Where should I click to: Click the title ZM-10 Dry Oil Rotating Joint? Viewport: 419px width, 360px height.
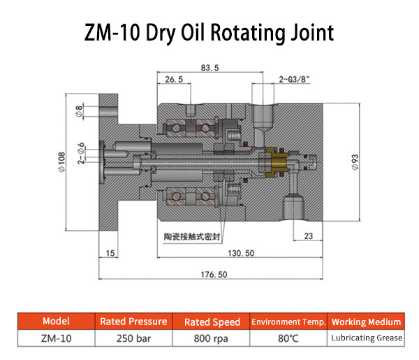[x=209, y=32]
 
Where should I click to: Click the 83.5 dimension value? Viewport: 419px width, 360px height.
[x=209, y=68]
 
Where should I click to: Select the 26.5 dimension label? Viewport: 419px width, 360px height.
[x=173, y=80]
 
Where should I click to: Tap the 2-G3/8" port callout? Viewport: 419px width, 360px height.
[x=293, y=80]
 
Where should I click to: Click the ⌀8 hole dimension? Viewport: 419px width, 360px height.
[x=79, y=110]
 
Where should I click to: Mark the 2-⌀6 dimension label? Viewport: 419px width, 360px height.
[x=82, y=154]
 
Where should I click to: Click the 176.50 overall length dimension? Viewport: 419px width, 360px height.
[x=213, y=275]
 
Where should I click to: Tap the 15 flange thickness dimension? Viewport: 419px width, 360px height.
[x=110, y=252]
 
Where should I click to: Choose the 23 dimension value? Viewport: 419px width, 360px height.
[x=307, y=236]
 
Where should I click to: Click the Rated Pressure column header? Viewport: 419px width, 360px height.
[x=133, y=322]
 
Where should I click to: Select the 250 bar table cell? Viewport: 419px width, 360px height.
[x=133, y=338]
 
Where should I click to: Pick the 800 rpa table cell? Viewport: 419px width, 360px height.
[x=212, y=338]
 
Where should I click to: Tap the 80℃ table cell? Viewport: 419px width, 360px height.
[x=288, y=338]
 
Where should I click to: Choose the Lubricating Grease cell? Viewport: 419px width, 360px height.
[x=367, y=338]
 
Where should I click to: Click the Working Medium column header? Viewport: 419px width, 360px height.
[x=367, y=322]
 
